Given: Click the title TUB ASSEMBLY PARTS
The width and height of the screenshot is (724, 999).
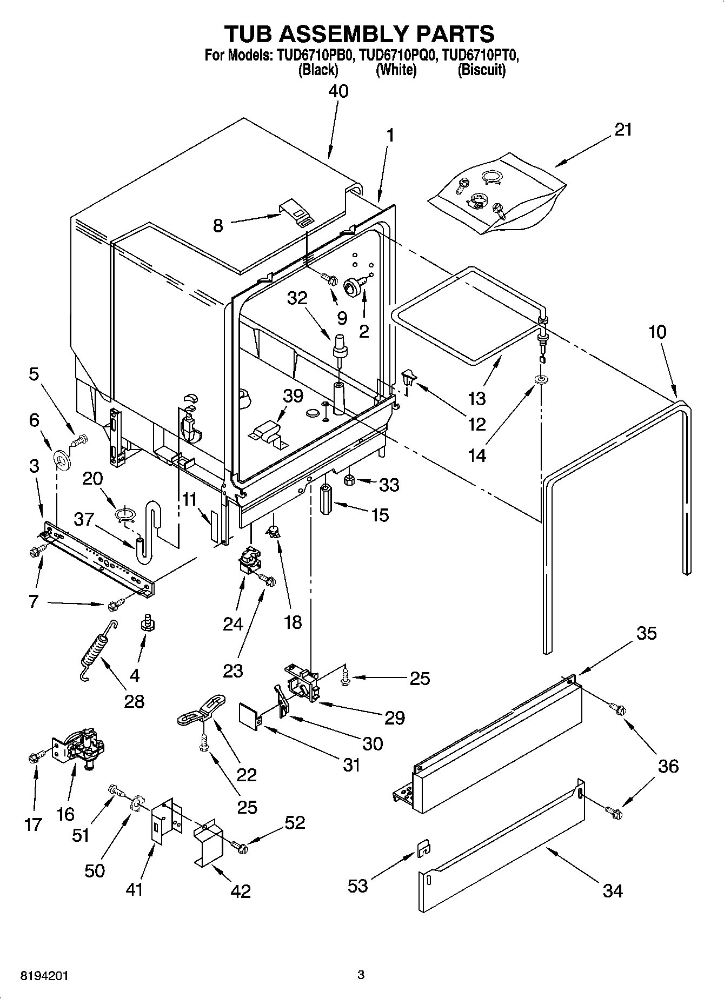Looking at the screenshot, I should click(x=359, y=33).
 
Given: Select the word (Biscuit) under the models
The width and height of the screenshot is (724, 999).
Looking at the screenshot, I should click(x=481, y=70).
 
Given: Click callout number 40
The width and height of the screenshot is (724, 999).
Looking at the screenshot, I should click(x=338, y=91).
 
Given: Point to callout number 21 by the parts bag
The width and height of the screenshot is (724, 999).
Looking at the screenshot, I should click(x=623, y=130).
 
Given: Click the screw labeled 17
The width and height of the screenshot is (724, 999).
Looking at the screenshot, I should click(x=34, y=758).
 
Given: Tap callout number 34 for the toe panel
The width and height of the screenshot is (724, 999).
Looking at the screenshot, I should click(x=612, y=890).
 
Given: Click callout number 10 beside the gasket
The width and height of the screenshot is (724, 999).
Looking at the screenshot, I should click(x=657, y=331).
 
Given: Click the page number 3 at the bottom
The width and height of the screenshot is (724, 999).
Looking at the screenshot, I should click(x=361, y=975).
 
